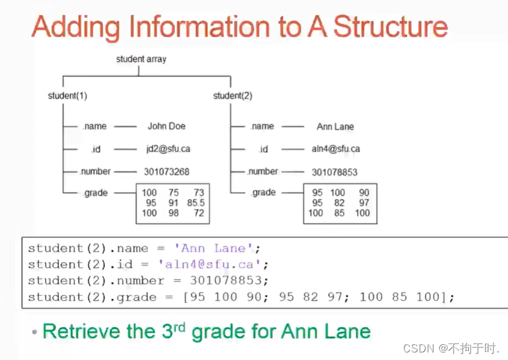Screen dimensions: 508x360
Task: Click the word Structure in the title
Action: [x=390, y=27]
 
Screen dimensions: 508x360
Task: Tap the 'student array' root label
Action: [x=142, y=59]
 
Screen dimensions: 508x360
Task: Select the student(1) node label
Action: [x=67, y=96]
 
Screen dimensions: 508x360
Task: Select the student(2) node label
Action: [x=233, y=96]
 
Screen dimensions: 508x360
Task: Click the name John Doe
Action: [x=167, y=126]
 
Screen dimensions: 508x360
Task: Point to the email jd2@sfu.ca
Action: [x=168, y=149]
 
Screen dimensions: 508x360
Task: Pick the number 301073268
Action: [x=166, y=172]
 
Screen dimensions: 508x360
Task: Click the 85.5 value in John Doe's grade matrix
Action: [x=196, y=203]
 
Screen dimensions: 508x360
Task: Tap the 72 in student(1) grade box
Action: [x=199, y=213]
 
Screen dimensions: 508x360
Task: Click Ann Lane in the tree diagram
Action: [x=335, y=127]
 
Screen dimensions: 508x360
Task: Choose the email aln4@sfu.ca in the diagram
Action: [x=336, y=149]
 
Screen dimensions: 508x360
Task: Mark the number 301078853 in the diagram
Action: [x=334, y=172]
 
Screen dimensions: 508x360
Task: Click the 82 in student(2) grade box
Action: [x=339, y=203]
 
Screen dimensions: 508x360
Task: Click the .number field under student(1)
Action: [x=95, y=171]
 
